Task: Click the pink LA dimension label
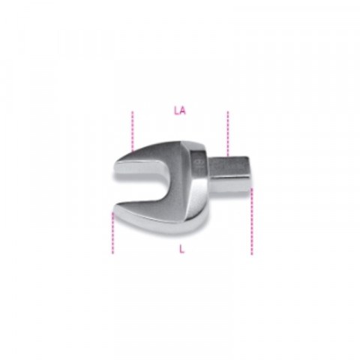tap(180, 111)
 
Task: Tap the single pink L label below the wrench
tap(181, 249)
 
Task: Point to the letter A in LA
tap(183, 111)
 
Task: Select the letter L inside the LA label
tap(176, 111)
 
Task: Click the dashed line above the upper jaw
tap(133, 131)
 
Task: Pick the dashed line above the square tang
tap(227, 134)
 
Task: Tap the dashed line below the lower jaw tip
tap(112, 233)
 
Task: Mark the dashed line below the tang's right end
tap(252, 221)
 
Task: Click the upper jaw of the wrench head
tap(150, 160)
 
